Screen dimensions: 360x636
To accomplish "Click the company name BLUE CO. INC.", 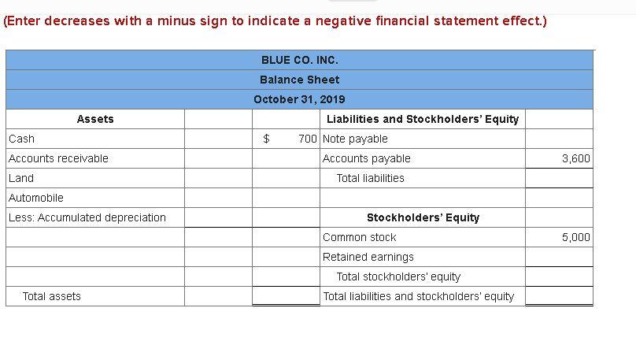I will click(x=299, y=60).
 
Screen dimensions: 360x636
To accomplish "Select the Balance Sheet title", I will click(x=299, y=80).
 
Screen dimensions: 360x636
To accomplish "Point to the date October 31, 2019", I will click(x=299, y=99).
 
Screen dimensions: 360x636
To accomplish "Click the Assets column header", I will click(x=95, y=119).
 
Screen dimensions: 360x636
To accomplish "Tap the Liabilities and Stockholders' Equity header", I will click(x=423, y=119).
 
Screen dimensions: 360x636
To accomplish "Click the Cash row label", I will click(x=22, y=139).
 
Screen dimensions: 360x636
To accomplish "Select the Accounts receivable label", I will click(x=59, y=158).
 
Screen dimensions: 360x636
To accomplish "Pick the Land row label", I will click(x=21, y=178).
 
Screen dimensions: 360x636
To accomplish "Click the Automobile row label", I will click(x=36, y=198).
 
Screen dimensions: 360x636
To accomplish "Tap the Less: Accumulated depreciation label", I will click(x=87, y=217).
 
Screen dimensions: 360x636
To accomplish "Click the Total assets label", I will click(x=52, y=296).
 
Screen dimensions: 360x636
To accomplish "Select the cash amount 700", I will click(x=308, y=139).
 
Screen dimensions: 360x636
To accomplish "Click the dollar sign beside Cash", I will click(x=266, y=139).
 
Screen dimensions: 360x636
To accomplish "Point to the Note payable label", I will click(x=356, y=139).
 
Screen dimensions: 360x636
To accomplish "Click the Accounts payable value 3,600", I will click(x=575, y=158).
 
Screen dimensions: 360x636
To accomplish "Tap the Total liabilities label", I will click(x=370, y=178).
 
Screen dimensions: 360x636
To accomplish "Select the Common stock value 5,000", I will click(x=575, y=237).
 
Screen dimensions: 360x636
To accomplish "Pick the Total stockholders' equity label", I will click(x=398, y=276).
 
